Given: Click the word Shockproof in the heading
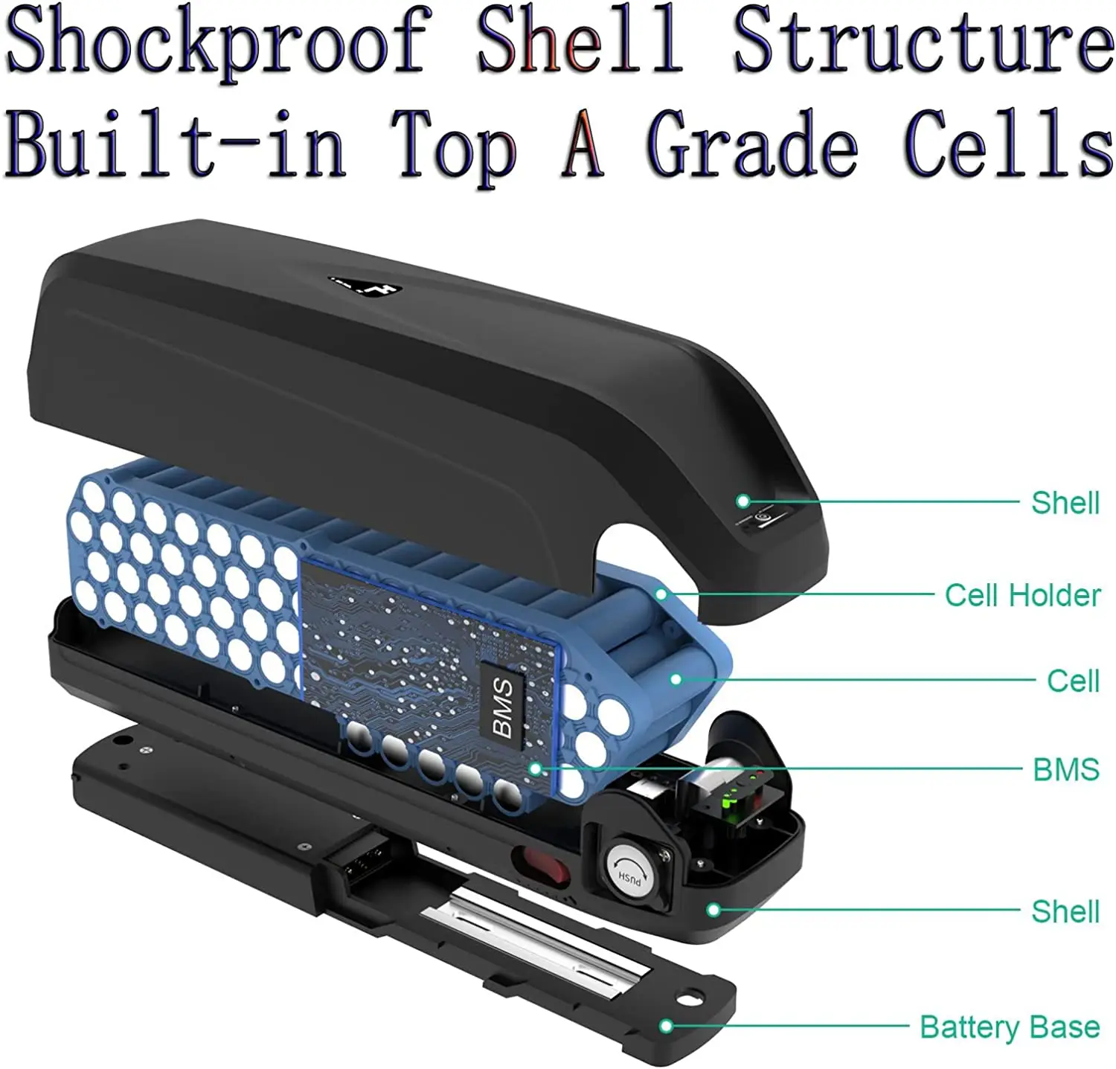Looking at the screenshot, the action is (x=216, y=42).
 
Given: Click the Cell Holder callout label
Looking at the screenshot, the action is (x=1022, y=595).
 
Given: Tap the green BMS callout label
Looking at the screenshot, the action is (x=1065, y=769).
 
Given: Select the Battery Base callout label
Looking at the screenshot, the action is (x=1010, y=1027).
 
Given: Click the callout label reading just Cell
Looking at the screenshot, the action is (x=1072, y=681).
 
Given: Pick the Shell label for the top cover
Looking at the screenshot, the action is (x=1065, y=503).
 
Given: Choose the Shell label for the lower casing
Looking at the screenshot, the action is (x=1065, y=911).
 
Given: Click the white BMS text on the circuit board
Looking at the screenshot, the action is (x=503, y=707).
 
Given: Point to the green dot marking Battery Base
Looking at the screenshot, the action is (x=667, y=1027).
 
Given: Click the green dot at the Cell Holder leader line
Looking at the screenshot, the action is (x=661, y=594).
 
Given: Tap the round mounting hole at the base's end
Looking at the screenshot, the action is (x=691, y=995).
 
